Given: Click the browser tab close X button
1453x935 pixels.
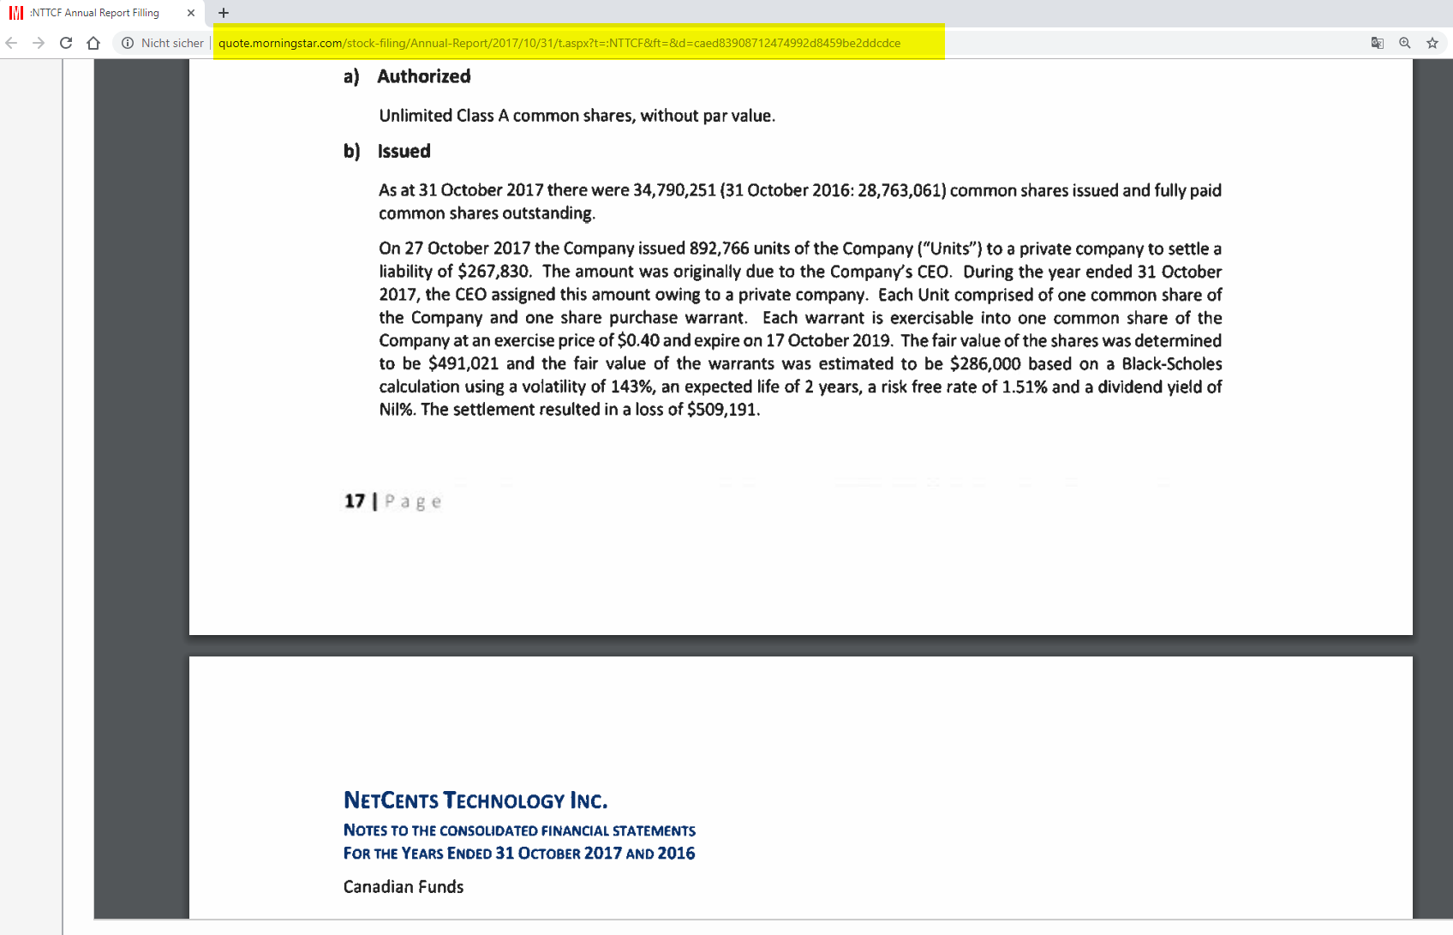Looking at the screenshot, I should point(191,13).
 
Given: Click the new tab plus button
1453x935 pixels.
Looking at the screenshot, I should point(224,13).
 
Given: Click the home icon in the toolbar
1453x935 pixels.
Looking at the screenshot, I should point(93,43).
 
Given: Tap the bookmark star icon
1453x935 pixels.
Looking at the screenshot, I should point(1432,43).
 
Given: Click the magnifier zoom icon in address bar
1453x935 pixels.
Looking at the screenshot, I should point(1404,43).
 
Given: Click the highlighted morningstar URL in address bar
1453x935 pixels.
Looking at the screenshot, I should point(559,43).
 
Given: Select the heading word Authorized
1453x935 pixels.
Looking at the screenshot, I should point(423,76).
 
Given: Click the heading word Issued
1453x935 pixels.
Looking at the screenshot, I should point(404,152).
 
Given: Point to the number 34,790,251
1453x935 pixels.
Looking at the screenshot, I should point(673,190).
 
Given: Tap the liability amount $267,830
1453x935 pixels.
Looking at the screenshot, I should point(493,272).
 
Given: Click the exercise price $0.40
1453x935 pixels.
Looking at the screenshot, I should point(638,341).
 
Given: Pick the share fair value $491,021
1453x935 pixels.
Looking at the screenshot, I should point(463,364).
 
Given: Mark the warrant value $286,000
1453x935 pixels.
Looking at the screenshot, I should point(984,364).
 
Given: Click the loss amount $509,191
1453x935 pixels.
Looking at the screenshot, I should point(722,410).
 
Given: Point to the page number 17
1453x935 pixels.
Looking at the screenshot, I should point(354,501).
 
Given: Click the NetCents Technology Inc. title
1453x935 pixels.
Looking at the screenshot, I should point(475,800).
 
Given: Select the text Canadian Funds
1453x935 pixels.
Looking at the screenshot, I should point(403,887).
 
